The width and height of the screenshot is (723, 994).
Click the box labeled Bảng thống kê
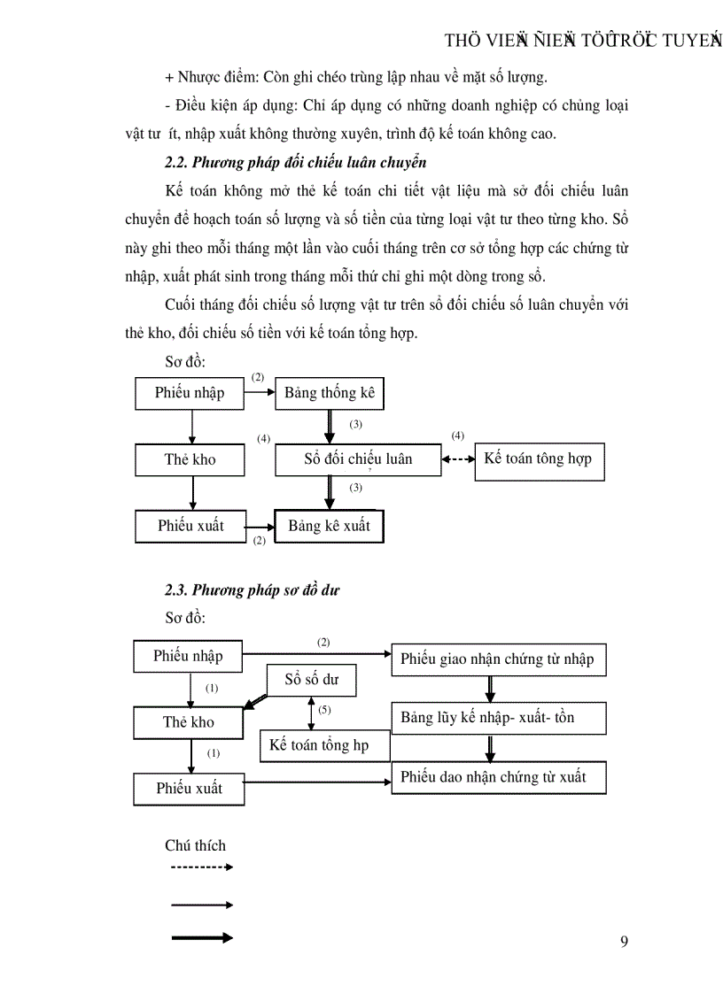[x=330, y=394]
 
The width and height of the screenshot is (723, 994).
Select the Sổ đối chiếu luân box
[x=358, y=459]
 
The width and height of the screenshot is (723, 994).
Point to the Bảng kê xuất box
[x=330, y=526]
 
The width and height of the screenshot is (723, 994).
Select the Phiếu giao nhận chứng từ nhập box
[x=498, y=659]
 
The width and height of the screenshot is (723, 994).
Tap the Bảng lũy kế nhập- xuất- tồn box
[x=498, y=718]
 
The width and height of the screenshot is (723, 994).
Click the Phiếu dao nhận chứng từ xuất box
[x=498, y=777]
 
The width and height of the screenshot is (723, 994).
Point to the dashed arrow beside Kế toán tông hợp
[x=458, y=459]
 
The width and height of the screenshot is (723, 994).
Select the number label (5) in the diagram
[x=324, y=710]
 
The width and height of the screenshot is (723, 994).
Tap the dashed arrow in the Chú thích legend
[x=201, y=867]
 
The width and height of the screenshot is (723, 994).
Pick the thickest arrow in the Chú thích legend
[x=201, y=937]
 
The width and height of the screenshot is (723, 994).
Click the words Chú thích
[x=195, y=845]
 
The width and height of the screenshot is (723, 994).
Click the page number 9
[x=624, y=941]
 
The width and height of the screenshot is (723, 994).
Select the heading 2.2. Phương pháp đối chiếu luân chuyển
[x=296, y=163]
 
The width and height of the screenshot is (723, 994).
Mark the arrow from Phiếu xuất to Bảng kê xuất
[x=260, y=526]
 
